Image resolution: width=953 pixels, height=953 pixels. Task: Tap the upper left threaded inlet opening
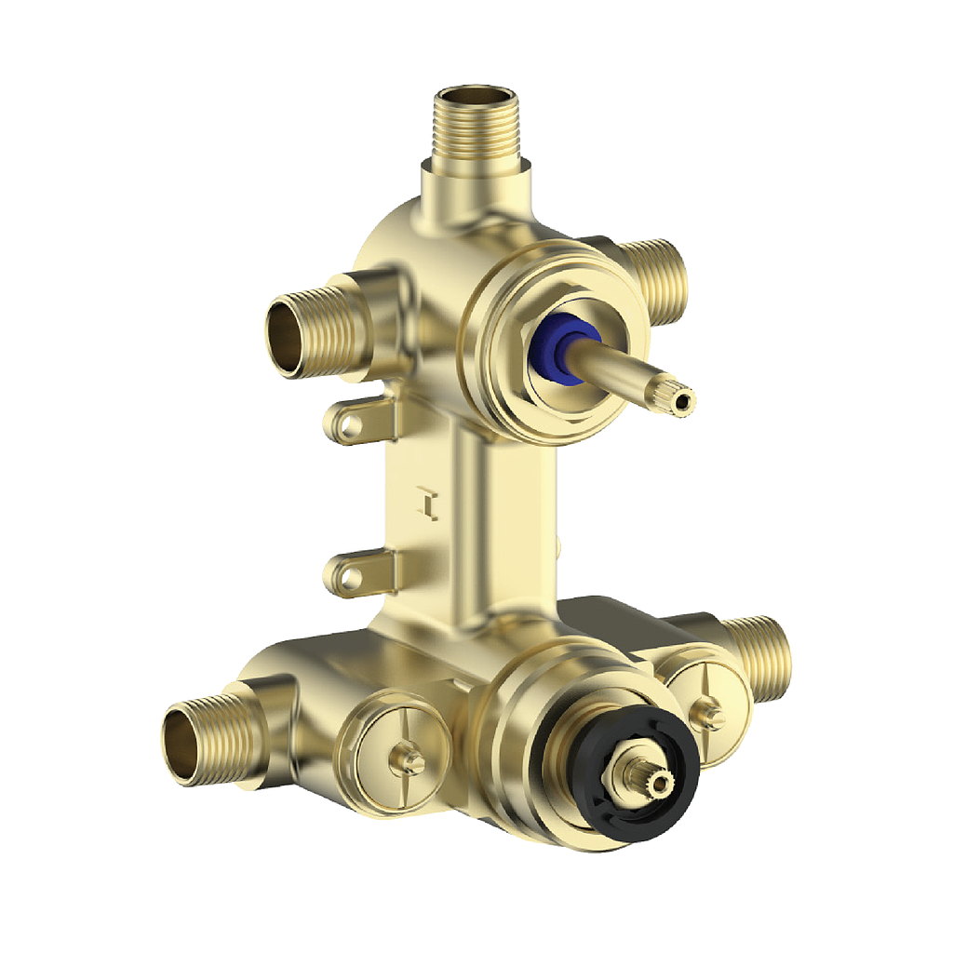[x=291, y=337]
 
